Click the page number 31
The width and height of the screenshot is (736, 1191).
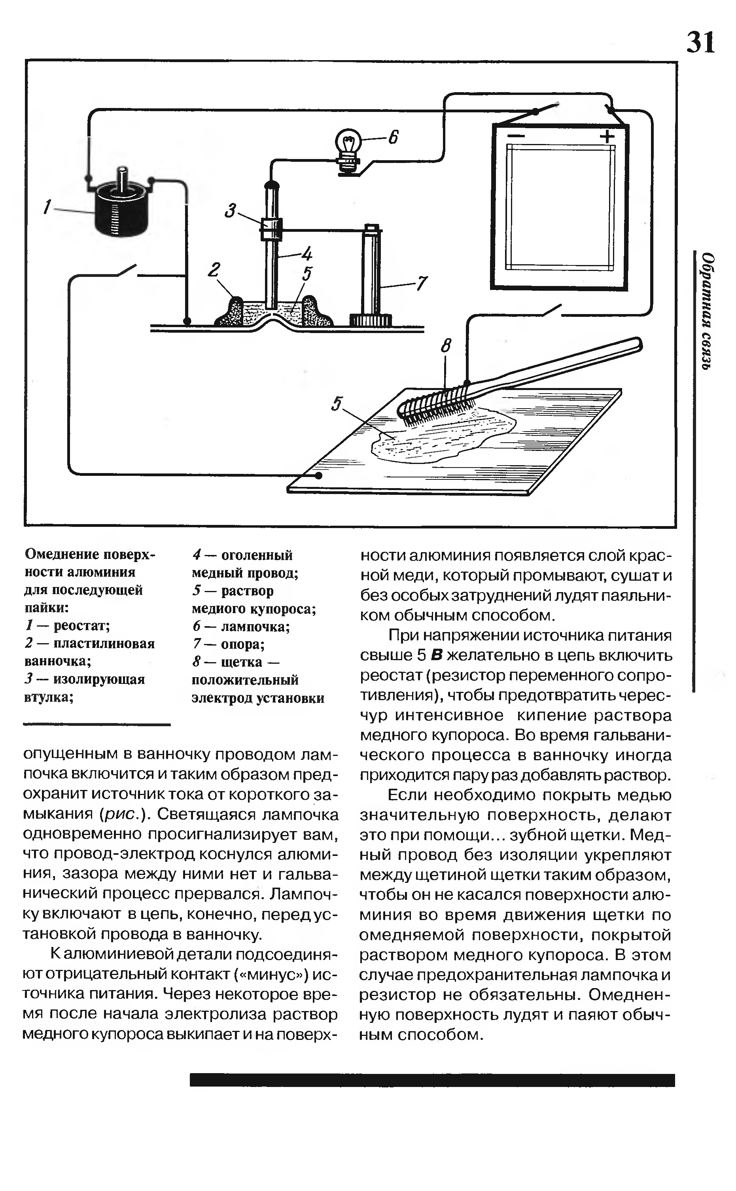[700, 42]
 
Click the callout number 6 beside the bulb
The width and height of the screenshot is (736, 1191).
[393, 138]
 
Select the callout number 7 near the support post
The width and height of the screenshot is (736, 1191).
[422, 283]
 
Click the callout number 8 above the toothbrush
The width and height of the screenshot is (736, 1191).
[445, 346]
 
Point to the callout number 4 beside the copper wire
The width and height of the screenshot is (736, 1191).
[307, 254]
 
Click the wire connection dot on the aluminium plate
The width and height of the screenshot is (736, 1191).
[318, 475]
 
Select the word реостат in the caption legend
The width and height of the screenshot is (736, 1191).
[81, 625]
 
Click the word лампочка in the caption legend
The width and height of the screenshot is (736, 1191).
[255, 627]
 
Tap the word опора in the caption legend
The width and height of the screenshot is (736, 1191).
[242, 644]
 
